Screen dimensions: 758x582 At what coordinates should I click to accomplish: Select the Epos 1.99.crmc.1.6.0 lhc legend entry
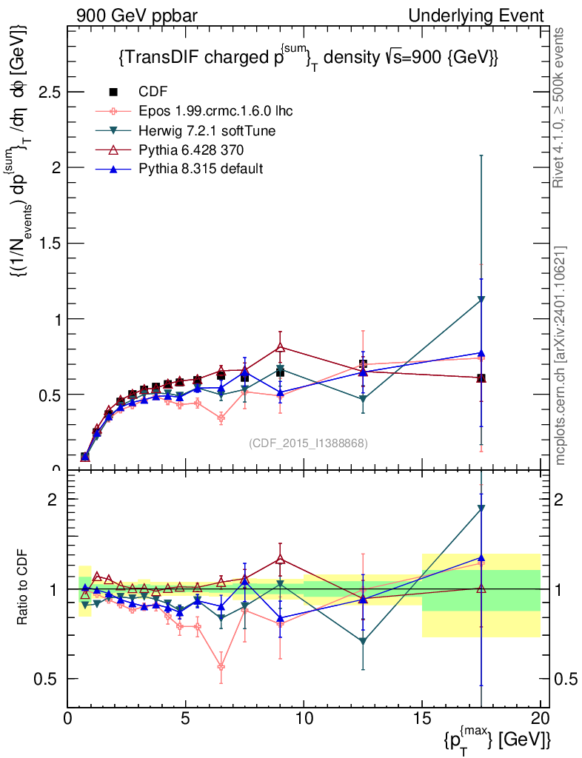214,111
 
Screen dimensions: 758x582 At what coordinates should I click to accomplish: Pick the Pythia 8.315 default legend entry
200,169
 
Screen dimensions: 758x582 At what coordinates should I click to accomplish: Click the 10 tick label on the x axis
304,718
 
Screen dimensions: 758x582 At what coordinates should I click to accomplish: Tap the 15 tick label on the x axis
422,718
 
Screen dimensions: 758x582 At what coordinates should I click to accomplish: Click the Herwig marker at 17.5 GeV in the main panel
481,299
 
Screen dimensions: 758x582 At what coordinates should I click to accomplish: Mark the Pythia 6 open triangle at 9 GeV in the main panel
280,347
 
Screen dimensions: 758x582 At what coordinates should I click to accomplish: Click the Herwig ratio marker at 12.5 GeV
363,641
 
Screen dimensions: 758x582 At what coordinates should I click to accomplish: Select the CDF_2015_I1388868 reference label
308,443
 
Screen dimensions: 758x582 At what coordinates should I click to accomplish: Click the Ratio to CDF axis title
23,588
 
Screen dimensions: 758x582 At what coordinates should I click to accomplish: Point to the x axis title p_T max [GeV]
498,738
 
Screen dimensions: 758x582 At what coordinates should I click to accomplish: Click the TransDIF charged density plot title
307,57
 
